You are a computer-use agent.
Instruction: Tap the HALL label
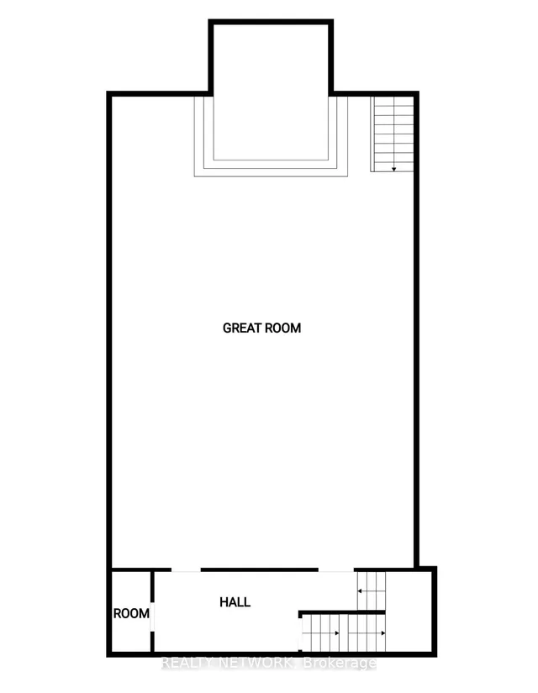click(235, 602)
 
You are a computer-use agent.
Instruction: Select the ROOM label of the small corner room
click(131, 613)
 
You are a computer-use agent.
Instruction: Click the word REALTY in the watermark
click(186, 663)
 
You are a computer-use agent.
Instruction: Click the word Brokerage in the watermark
click(340, 664)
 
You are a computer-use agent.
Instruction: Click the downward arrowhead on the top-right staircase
click(393, 170)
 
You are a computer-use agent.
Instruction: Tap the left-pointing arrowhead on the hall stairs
click(360, 591)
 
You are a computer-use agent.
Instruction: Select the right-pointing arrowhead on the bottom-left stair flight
click(337, 633)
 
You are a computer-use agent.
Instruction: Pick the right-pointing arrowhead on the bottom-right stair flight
click(382, 633)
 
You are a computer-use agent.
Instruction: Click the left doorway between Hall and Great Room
click(186, 570)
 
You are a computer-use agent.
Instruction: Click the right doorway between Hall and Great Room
click(336, 570)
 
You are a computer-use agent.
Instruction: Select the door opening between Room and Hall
click(152, 617)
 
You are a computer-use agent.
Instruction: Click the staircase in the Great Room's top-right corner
click(393, 134)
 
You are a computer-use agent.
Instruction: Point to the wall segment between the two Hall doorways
click(260, 570)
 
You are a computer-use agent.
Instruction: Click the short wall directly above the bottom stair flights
click(342, 612)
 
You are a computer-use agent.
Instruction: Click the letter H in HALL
click(224, 602)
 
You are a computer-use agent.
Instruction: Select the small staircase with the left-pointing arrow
click(372, 591)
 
